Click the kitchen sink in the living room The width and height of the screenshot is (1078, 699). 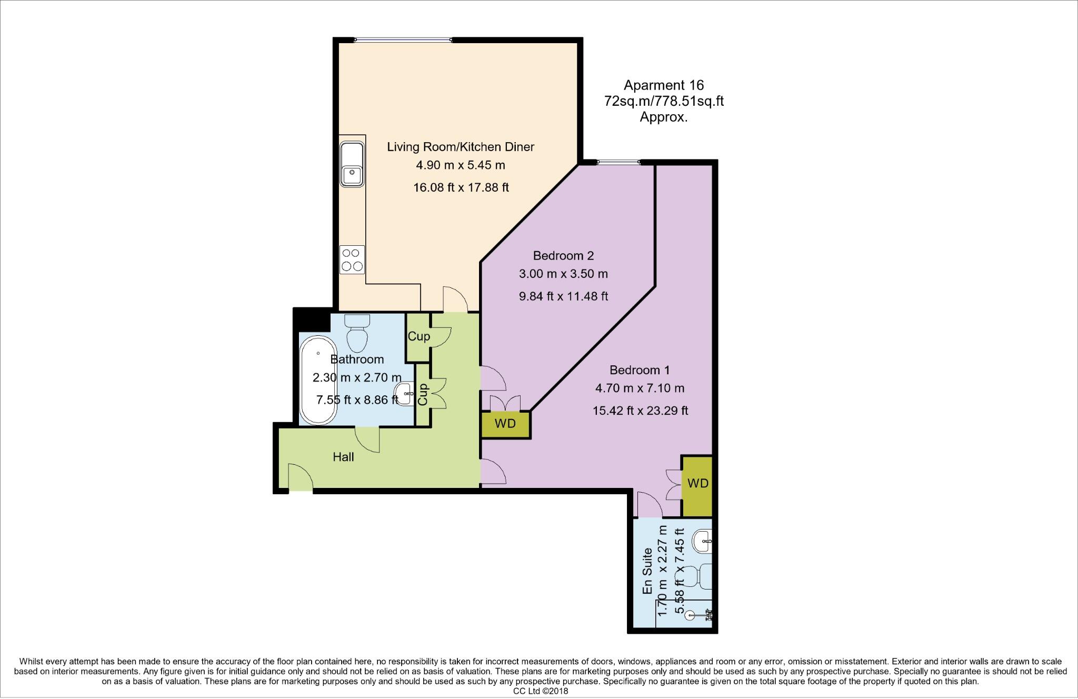coord(352,164)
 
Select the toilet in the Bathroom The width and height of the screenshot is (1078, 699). coord(357,333)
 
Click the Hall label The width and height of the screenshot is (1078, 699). coord(343,457)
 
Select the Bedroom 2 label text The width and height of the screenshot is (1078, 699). coord(563,256)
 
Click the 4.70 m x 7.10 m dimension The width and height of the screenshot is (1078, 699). coord(640,388)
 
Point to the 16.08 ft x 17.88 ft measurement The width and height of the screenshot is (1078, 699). coord(461,187)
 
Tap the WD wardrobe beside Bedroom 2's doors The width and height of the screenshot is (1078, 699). coord(506,424)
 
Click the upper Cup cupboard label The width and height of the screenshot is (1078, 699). coord(419,336)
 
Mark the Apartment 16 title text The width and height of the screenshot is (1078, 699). coord(664,85)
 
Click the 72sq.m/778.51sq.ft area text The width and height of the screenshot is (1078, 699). coord(664,101)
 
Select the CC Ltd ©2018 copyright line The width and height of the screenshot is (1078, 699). coord(541,691)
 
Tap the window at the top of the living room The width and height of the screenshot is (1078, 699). coord(403,39)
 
